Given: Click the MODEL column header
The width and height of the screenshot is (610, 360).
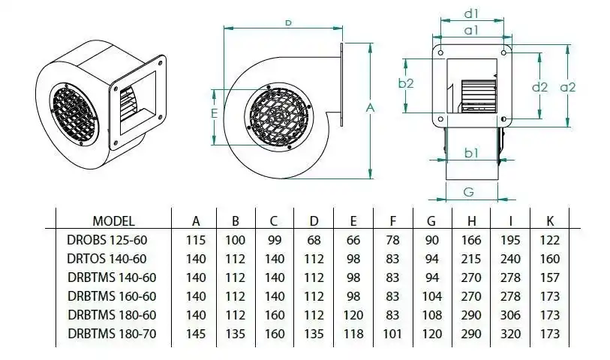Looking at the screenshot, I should click(x=113, y=221).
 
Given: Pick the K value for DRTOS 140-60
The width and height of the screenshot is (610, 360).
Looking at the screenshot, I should click(x=548, y=259).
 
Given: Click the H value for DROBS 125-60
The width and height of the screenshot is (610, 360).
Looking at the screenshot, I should click(x=471, y=241).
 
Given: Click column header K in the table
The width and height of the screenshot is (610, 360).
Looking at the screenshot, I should click(x=548, y=221).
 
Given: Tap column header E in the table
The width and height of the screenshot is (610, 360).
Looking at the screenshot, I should click(x=353, y=221).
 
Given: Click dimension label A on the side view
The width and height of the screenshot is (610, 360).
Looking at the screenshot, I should click(x=369, y=109).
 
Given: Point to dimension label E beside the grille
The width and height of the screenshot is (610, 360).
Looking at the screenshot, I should click(x=214, y=114).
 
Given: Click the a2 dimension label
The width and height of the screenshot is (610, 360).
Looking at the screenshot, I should click(x=567, y=87).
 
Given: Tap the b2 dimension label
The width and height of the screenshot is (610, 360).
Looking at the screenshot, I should click(x=406, y=83).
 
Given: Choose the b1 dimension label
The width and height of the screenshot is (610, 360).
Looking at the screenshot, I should click(x=471, y=153).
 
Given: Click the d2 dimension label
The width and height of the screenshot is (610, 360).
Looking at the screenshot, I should click(x=539, y=87).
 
